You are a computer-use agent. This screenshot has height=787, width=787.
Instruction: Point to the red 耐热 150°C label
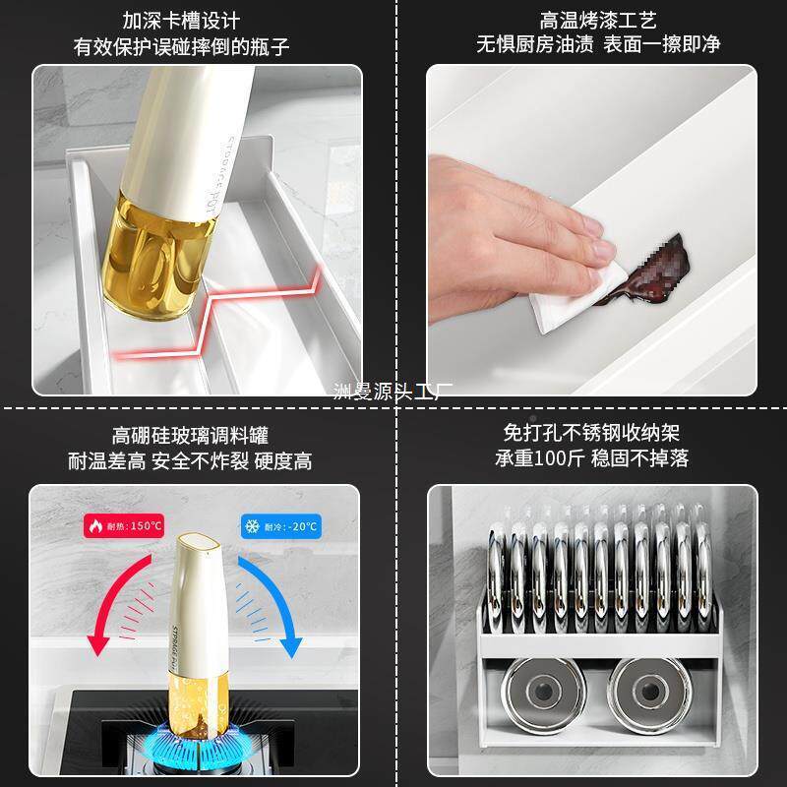124,526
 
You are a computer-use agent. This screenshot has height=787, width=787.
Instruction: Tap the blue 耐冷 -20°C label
280,526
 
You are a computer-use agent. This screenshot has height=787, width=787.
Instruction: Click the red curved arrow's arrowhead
99,645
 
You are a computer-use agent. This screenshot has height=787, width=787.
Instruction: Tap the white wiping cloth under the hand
571,295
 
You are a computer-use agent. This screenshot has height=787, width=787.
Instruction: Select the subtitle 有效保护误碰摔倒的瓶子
182,46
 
